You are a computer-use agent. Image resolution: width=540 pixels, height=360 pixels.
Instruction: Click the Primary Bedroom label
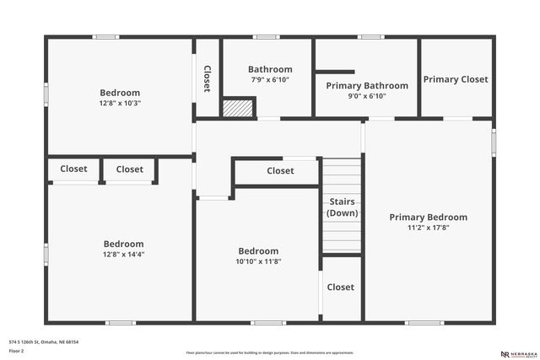click(428, 217)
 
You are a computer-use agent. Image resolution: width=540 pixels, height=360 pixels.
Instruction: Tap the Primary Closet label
click(456, 79)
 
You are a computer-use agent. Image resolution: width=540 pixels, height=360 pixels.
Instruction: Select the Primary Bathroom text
click(367, 85)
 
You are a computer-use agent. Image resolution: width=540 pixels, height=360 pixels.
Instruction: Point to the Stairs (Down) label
click(342, 207)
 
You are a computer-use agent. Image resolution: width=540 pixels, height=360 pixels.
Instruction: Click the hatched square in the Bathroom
click(238, 108)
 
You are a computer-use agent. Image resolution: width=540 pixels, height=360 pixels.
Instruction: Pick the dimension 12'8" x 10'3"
click(120, 103)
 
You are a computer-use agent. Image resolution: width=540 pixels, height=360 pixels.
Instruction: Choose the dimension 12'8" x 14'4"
click(123, 254)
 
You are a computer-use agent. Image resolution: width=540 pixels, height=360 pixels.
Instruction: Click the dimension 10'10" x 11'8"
click(258, 261)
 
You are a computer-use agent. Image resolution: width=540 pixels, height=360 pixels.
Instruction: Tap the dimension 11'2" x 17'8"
click(428, 227)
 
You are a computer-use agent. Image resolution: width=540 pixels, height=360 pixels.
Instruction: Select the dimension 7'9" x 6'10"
click(270, 79)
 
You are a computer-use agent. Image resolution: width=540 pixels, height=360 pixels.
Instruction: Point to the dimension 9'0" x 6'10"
click(367, 96)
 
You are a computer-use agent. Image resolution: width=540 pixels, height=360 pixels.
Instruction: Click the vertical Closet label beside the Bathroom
click(207, 78)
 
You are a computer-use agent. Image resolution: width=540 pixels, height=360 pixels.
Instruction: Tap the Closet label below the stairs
click(341, 287)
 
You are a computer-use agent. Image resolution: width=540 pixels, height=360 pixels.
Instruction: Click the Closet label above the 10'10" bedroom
click(280, 170)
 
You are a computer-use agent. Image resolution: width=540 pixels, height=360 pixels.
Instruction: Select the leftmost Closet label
click(73, 169)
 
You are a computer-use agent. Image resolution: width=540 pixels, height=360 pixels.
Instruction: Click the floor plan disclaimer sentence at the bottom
click(270, 352)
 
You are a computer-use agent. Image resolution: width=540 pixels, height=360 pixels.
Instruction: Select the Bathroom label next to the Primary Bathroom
click(270, 69)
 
